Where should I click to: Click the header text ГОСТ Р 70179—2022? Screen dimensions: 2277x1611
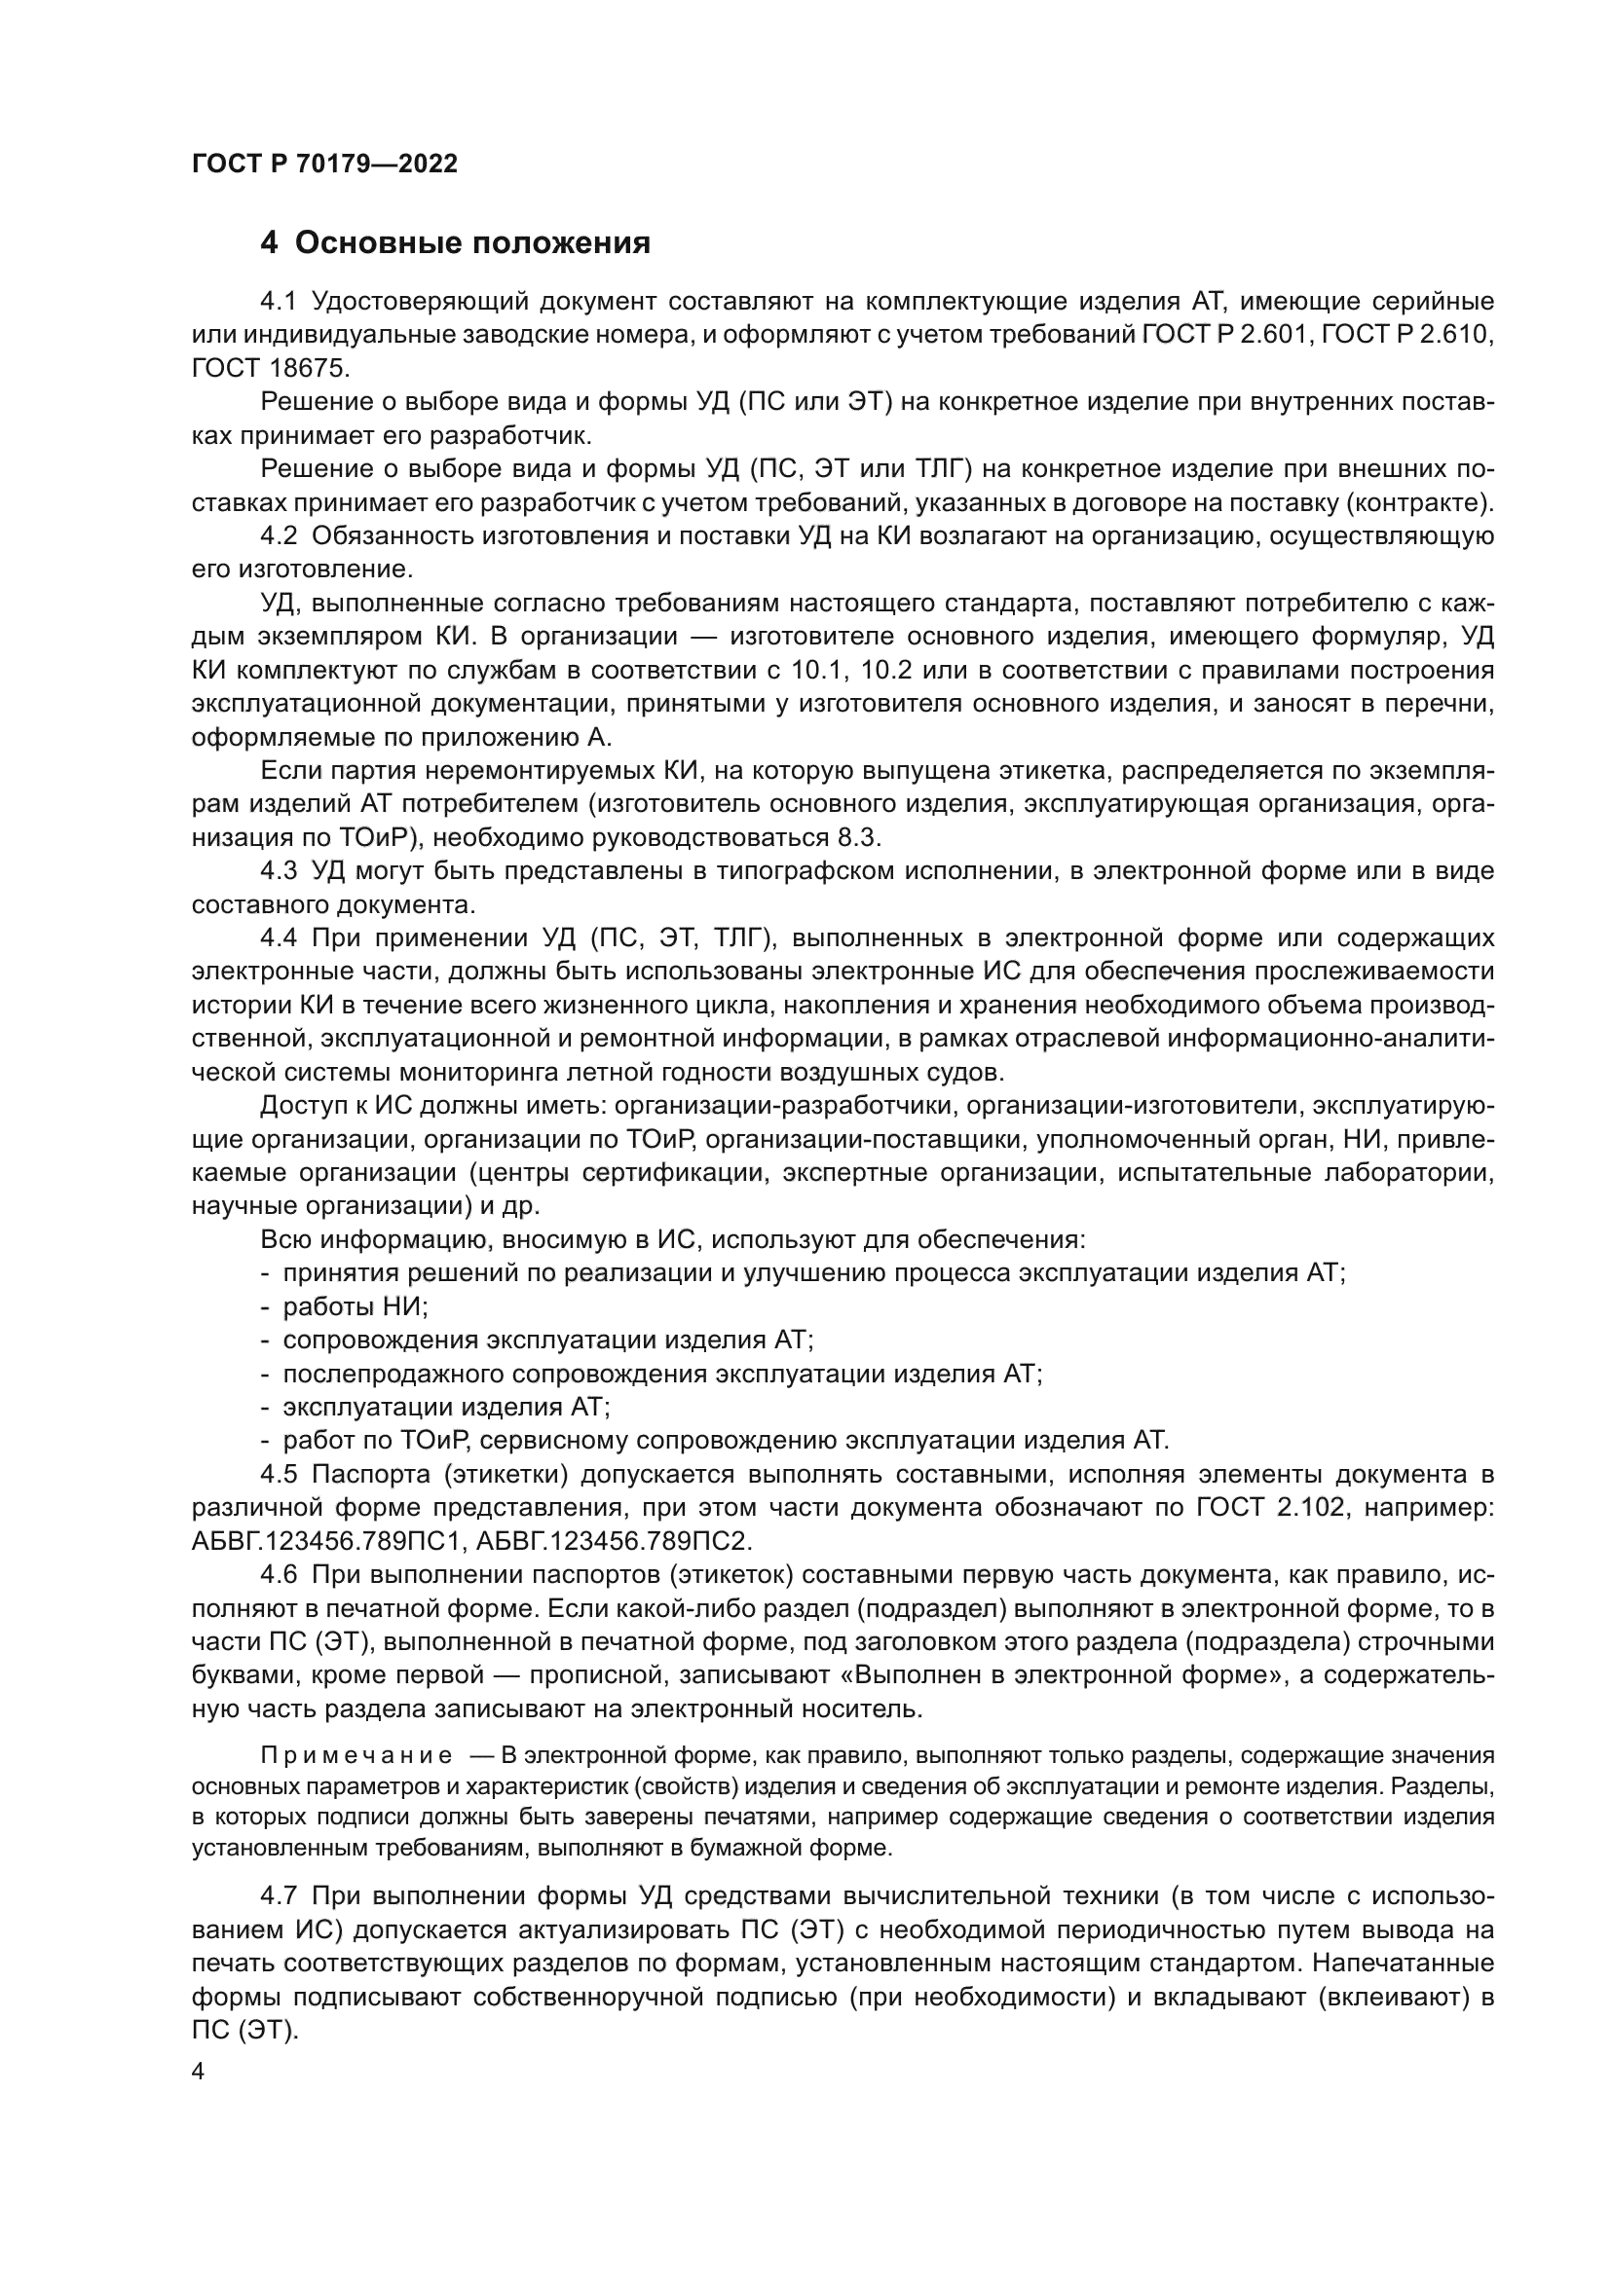(324, 165)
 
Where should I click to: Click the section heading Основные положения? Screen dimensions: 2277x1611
(472, 243)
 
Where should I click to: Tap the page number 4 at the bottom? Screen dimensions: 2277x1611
(198, 2072)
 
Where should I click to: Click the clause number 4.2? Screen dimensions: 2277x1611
(279, 536)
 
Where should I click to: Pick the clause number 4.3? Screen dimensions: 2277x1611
(279, 871)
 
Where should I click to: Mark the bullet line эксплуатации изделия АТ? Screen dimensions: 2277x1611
(446, 1408)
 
